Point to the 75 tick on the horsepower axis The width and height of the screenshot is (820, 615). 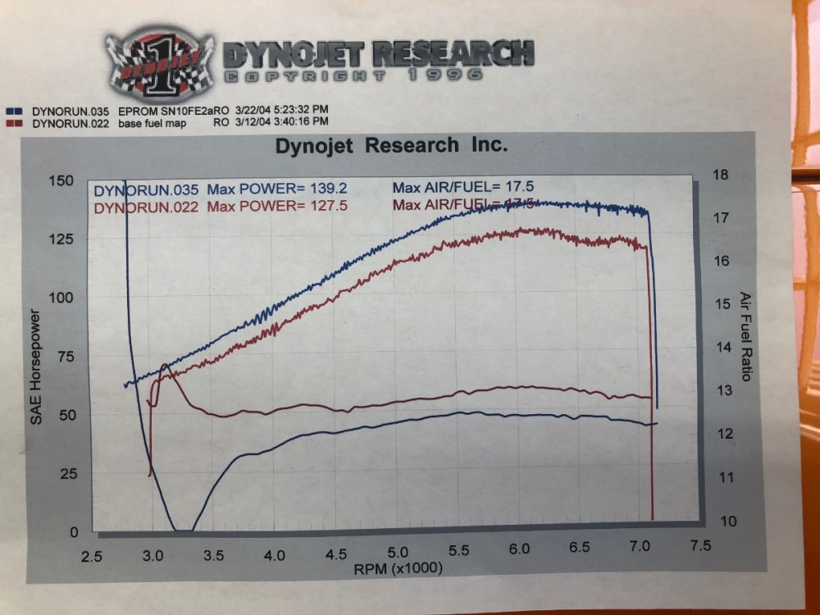(x=66, y=356)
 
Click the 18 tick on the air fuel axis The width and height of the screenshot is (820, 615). (x=721, y=175)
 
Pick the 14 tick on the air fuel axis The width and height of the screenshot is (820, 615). (x=722, y=347)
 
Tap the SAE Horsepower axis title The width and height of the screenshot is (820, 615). (x=36, y=367)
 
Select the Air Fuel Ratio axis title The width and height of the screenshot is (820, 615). (x=745, y=336)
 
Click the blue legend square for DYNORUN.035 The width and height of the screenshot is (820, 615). (x=13, y=109)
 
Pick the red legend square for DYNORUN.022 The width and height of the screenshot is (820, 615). (x=13, y=123)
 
